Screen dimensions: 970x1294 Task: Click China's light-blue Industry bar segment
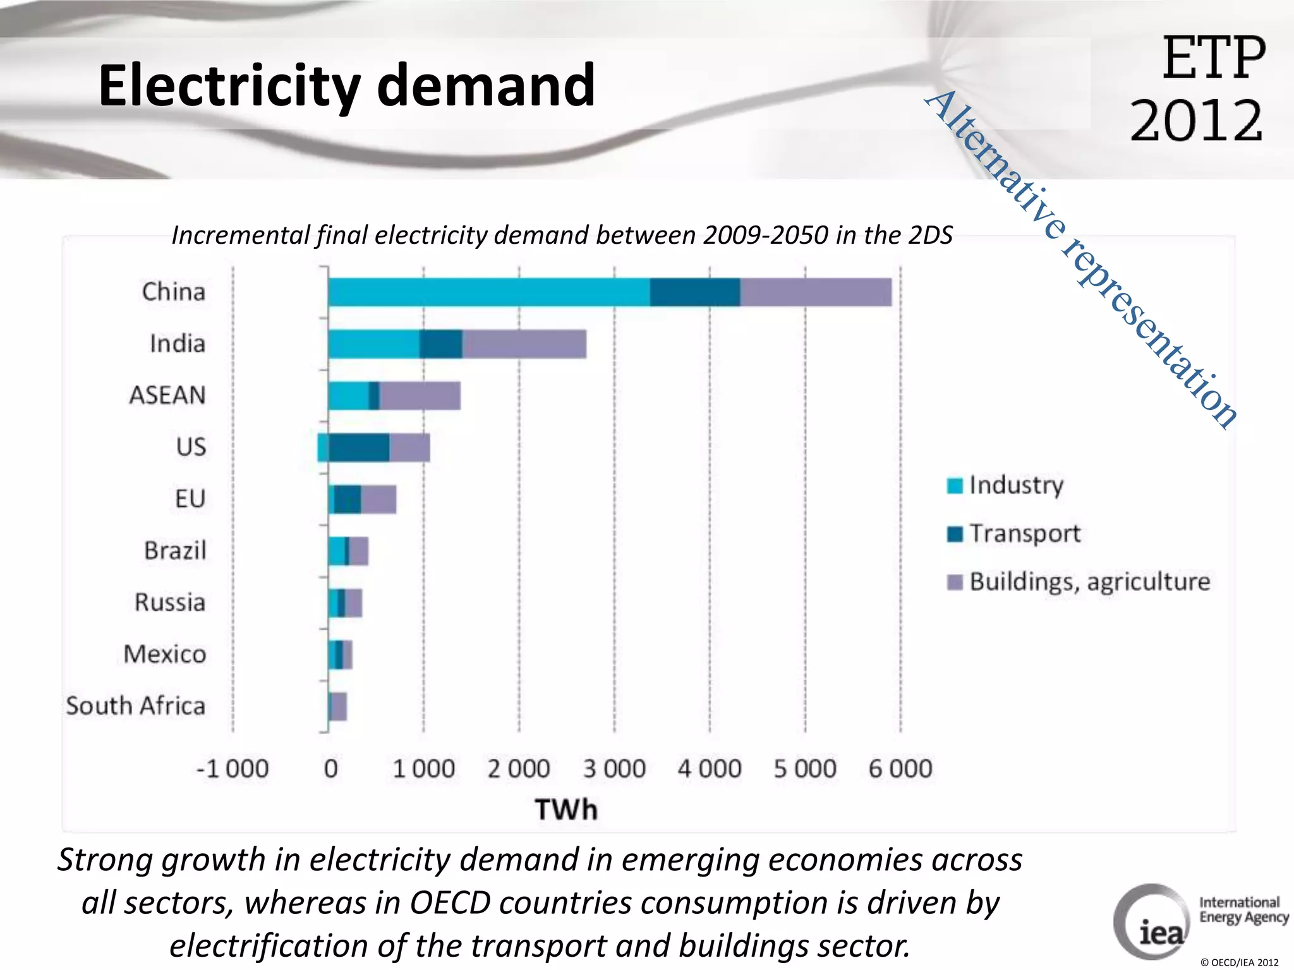(x=488, y=292)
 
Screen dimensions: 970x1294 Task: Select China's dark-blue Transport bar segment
(x=694, y=292)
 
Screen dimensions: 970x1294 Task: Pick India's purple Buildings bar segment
(x=524, y=344)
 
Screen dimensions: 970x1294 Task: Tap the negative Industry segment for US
(x=322, y=448)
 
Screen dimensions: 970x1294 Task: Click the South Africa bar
(x=338, y=707)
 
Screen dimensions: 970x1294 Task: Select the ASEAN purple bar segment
(x=420, y=396)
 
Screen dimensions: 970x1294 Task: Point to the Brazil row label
(x=175, y=551)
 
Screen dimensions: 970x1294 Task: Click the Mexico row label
(x=165, y=654)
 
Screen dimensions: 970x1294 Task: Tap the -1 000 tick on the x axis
(x=233, y=769)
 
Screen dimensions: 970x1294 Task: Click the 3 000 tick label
(x=614, y=769)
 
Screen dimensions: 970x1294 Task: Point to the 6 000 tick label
(x=900, y=769)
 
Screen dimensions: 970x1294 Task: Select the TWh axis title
(x=566, y=810)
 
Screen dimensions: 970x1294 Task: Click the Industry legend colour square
(x=955, y=486)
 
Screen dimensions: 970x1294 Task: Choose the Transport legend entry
(x=1024, y=534)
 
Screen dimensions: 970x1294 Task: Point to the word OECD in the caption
(x=450, y=902)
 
